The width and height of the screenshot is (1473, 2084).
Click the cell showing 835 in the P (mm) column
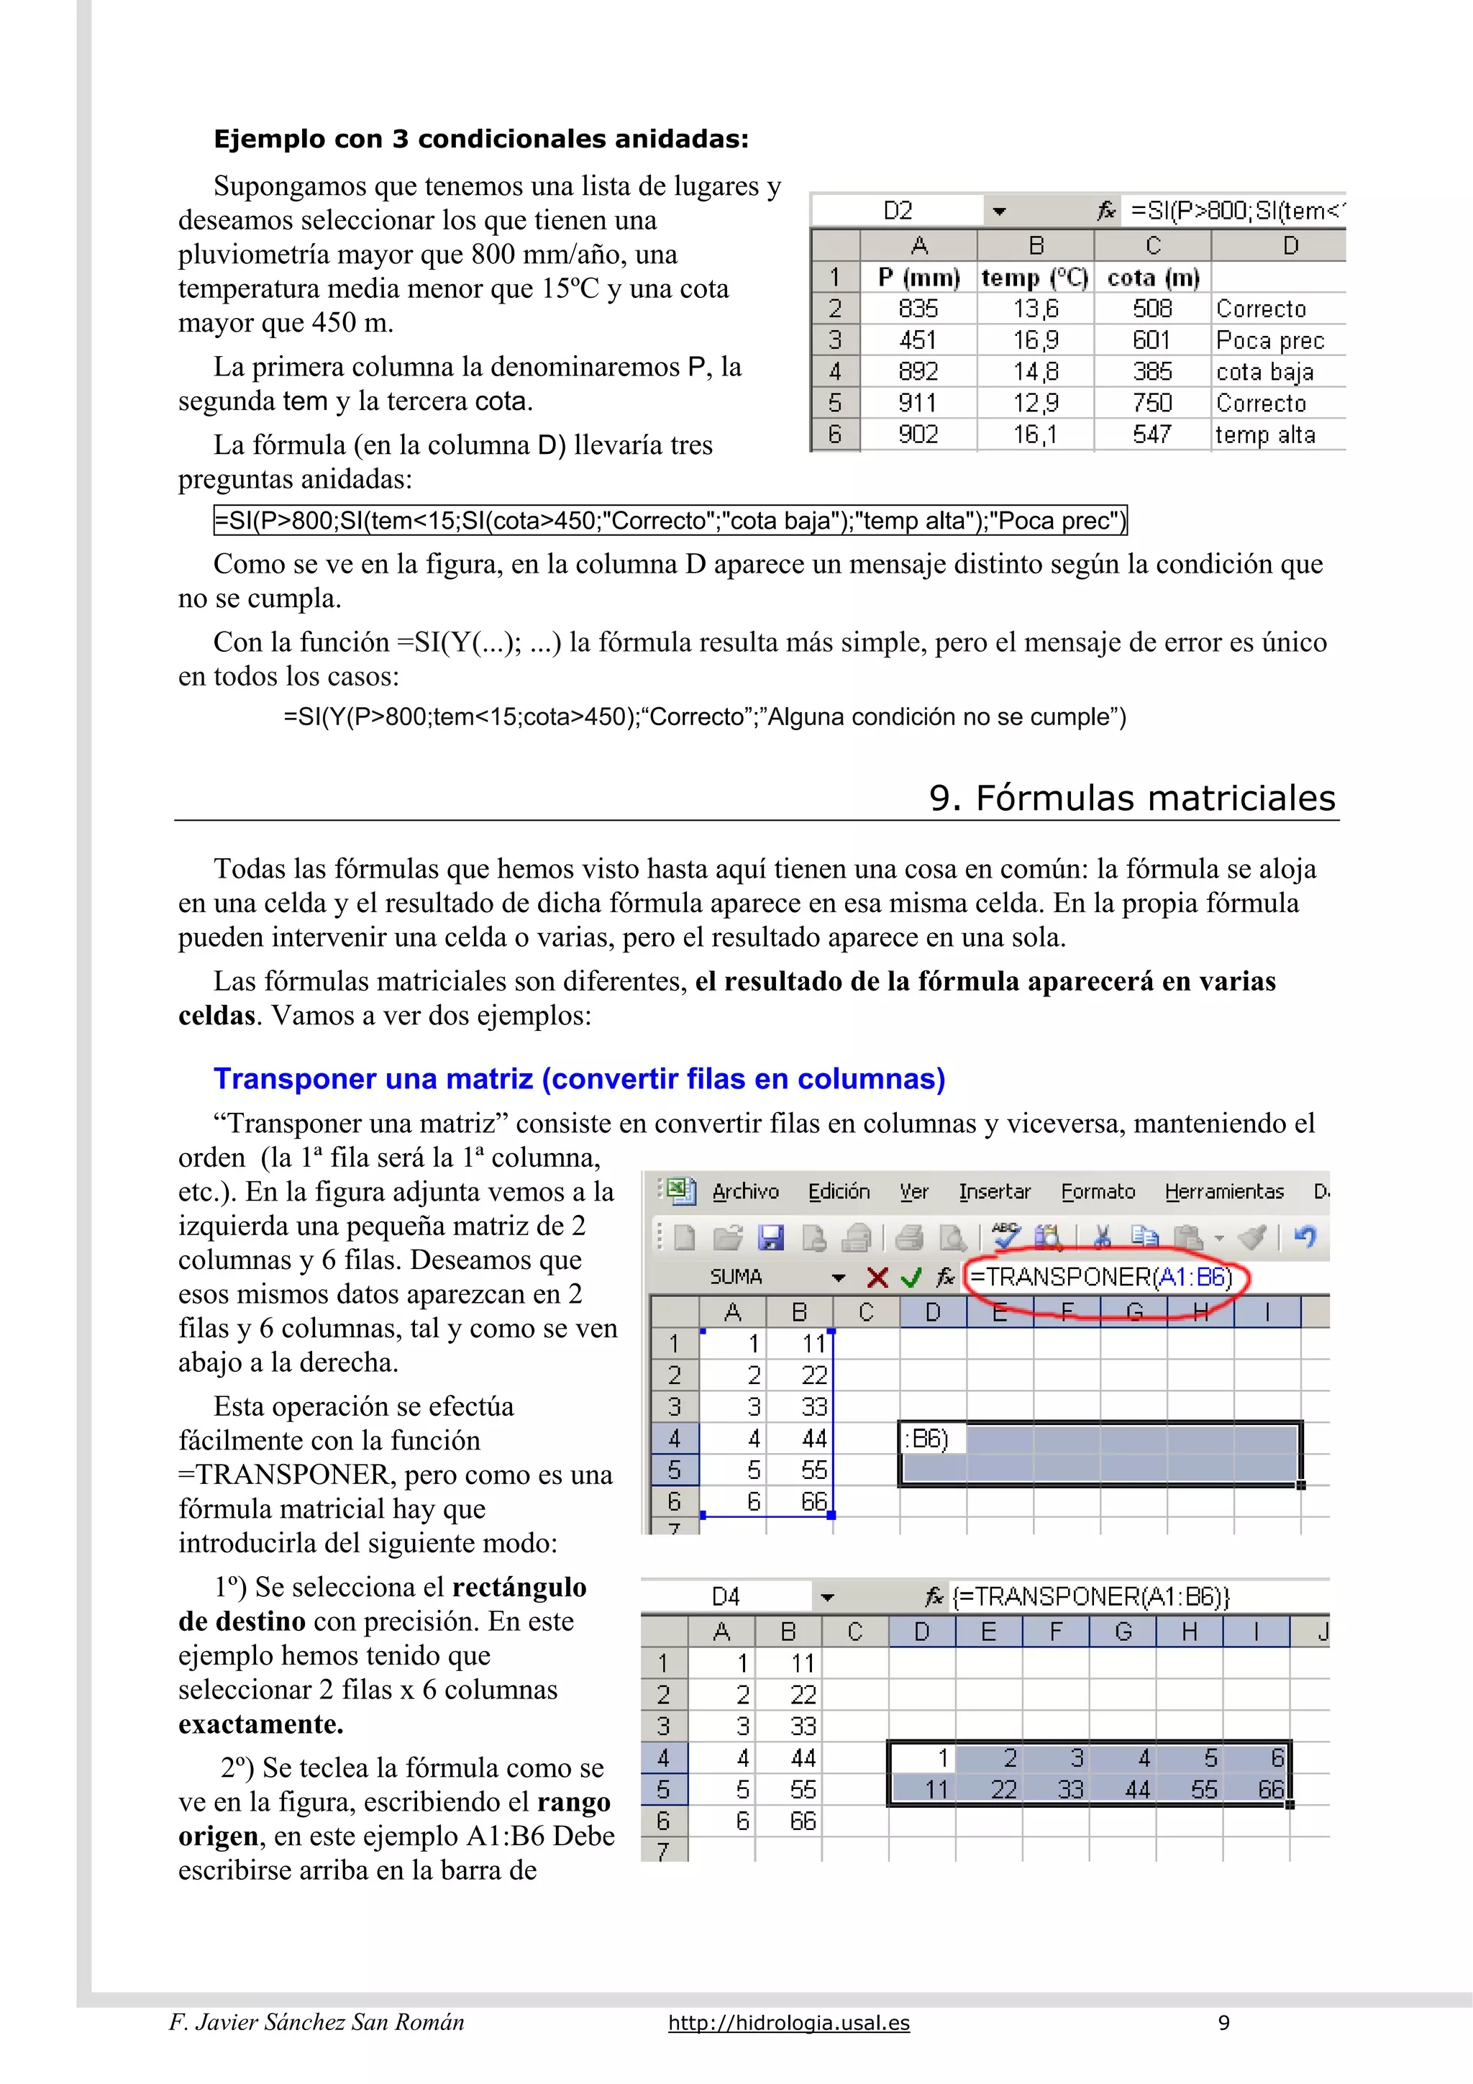918,309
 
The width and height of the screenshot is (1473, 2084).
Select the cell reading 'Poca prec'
1269,340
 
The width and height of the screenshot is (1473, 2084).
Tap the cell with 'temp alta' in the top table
1265,434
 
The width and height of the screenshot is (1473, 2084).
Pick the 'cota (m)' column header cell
1153,278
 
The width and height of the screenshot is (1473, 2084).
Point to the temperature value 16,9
1036,340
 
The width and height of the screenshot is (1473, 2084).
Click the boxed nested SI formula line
670,521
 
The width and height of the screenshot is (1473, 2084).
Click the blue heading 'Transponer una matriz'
579,1078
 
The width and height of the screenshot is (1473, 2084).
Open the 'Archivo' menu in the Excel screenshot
745,1192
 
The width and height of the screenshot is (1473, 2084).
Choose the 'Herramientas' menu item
1224,1192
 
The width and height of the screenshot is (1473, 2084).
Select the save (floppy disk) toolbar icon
770,1237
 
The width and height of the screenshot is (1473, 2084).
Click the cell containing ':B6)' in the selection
932,1439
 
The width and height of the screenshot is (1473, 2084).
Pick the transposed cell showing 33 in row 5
1071,1790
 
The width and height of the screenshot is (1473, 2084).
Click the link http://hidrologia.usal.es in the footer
789,2022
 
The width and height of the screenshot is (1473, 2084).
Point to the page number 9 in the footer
1223,2022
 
